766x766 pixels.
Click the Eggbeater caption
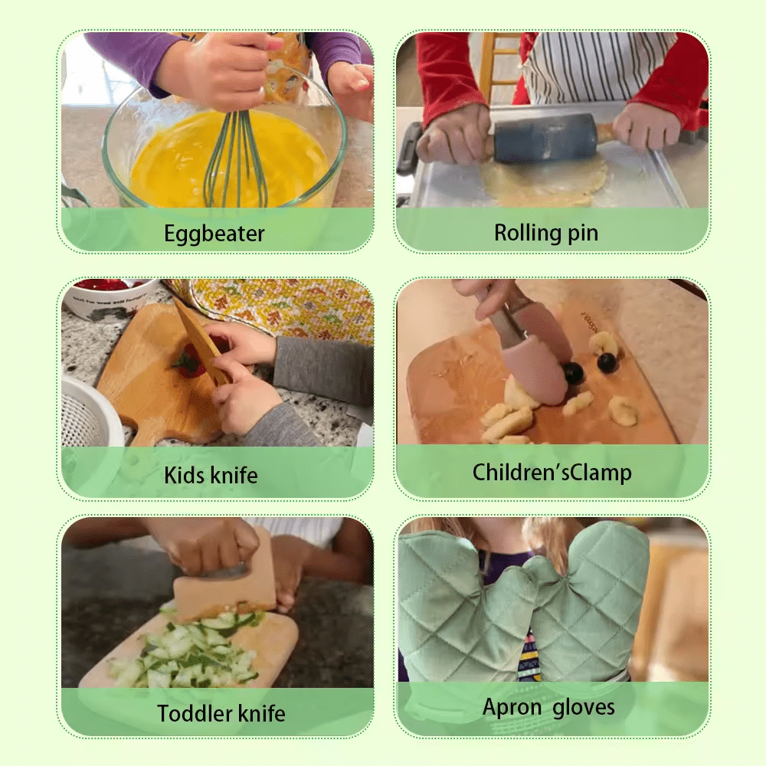[214, 234]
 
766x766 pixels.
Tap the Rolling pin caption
[546, 233]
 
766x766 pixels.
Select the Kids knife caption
[211, 476]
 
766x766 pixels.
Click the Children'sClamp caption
[552, 473]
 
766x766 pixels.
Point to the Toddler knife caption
[221, 713]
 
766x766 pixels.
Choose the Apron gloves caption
[548, 707]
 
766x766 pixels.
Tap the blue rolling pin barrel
[544, 137]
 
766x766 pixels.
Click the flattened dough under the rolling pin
[542, 182]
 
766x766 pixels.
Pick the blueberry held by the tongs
[572, 372]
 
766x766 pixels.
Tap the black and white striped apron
[594, 67]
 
